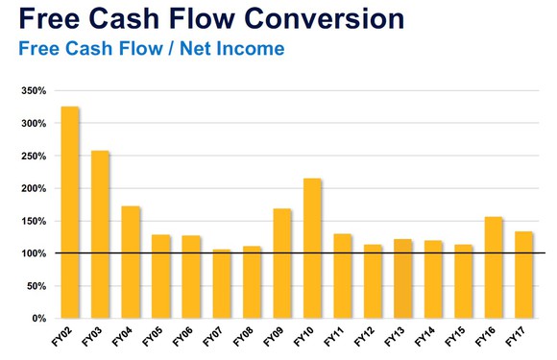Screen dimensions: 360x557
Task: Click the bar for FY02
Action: (69, 211)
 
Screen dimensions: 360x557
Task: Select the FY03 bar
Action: (100, 234)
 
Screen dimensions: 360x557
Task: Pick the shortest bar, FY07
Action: (221, 284)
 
